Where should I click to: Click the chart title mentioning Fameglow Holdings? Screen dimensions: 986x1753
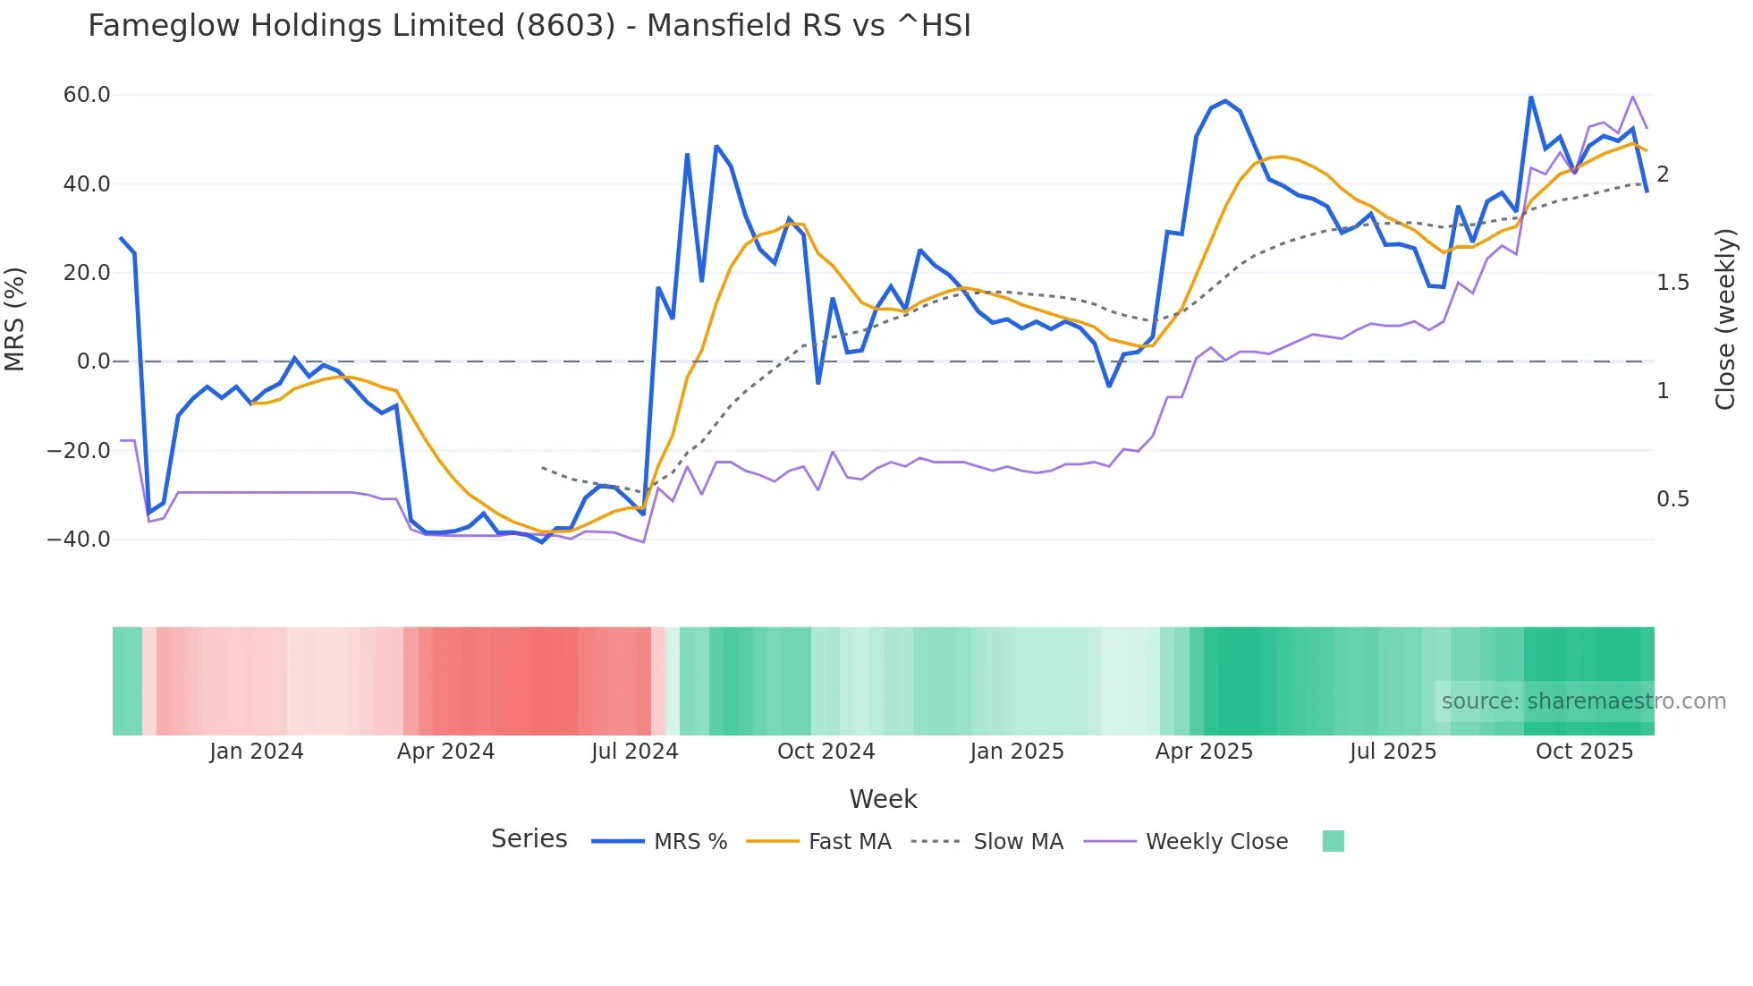pos(529,26)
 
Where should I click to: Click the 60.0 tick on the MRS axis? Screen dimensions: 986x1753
pos(87,95)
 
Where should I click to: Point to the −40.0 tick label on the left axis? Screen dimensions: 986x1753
pos(79,540)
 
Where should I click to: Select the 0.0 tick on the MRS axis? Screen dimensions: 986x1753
pos(94,361)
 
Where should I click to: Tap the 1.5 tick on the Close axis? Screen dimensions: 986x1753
pos(1673,283)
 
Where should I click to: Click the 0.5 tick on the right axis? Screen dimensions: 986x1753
pos(1673,499)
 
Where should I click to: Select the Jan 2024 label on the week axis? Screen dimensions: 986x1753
pos(257,752)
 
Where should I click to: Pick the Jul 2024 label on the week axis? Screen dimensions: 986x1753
pos(635,752)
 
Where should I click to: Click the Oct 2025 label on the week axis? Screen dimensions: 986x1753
pos(1584,752)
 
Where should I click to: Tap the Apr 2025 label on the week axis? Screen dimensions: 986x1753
pos(1204,752)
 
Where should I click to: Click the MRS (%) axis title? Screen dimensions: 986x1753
pos(15,319)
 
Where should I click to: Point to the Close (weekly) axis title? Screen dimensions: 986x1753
pos(1725,319)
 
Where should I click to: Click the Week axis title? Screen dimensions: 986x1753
pos(883,799)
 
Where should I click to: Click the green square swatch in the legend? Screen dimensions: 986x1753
pos(1333,841)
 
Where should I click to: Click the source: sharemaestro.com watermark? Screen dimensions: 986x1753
pos(1583,701)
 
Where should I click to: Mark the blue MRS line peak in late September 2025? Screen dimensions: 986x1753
pos(1530,97)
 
